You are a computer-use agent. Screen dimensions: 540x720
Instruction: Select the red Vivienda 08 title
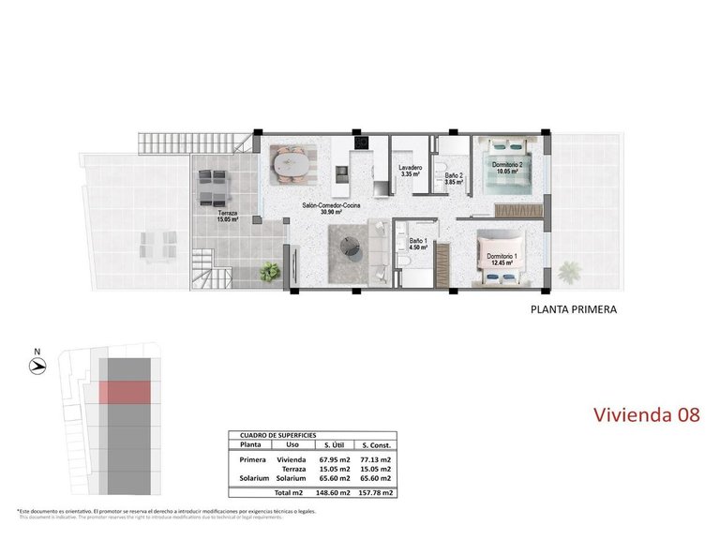pos(647,414)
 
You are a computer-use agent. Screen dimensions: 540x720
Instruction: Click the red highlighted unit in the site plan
pos(126,392)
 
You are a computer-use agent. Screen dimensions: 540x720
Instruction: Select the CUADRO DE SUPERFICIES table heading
pos(278,436)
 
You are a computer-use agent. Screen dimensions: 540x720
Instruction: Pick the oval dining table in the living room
pos(290,166)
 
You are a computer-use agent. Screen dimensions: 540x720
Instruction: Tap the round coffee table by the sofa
pos(352,247)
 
